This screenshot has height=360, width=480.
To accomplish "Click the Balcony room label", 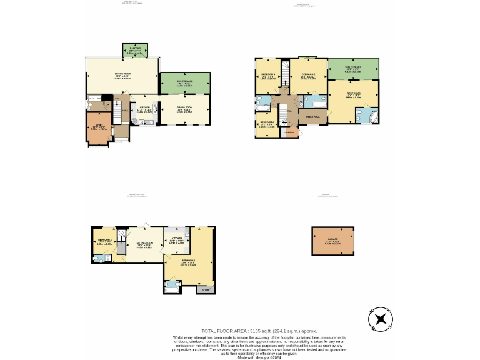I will (135, 47).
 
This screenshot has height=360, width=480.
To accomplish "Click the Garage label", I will (332, 242).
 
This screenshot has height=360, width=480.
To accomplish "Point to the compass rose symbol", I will (380, 319).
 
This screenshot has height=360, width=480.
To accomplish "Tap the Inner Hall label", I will (312, 117).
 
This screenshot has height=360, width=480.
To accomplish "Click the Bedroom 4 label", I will (267, 123).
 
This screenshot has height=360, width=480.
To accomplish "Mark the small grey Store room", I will (206, 289).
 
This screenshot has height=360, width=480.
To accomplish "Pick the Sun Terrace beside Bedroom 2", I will (353, 68).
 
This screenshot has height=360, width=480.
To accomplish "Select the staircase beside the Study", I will (116, 112).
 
